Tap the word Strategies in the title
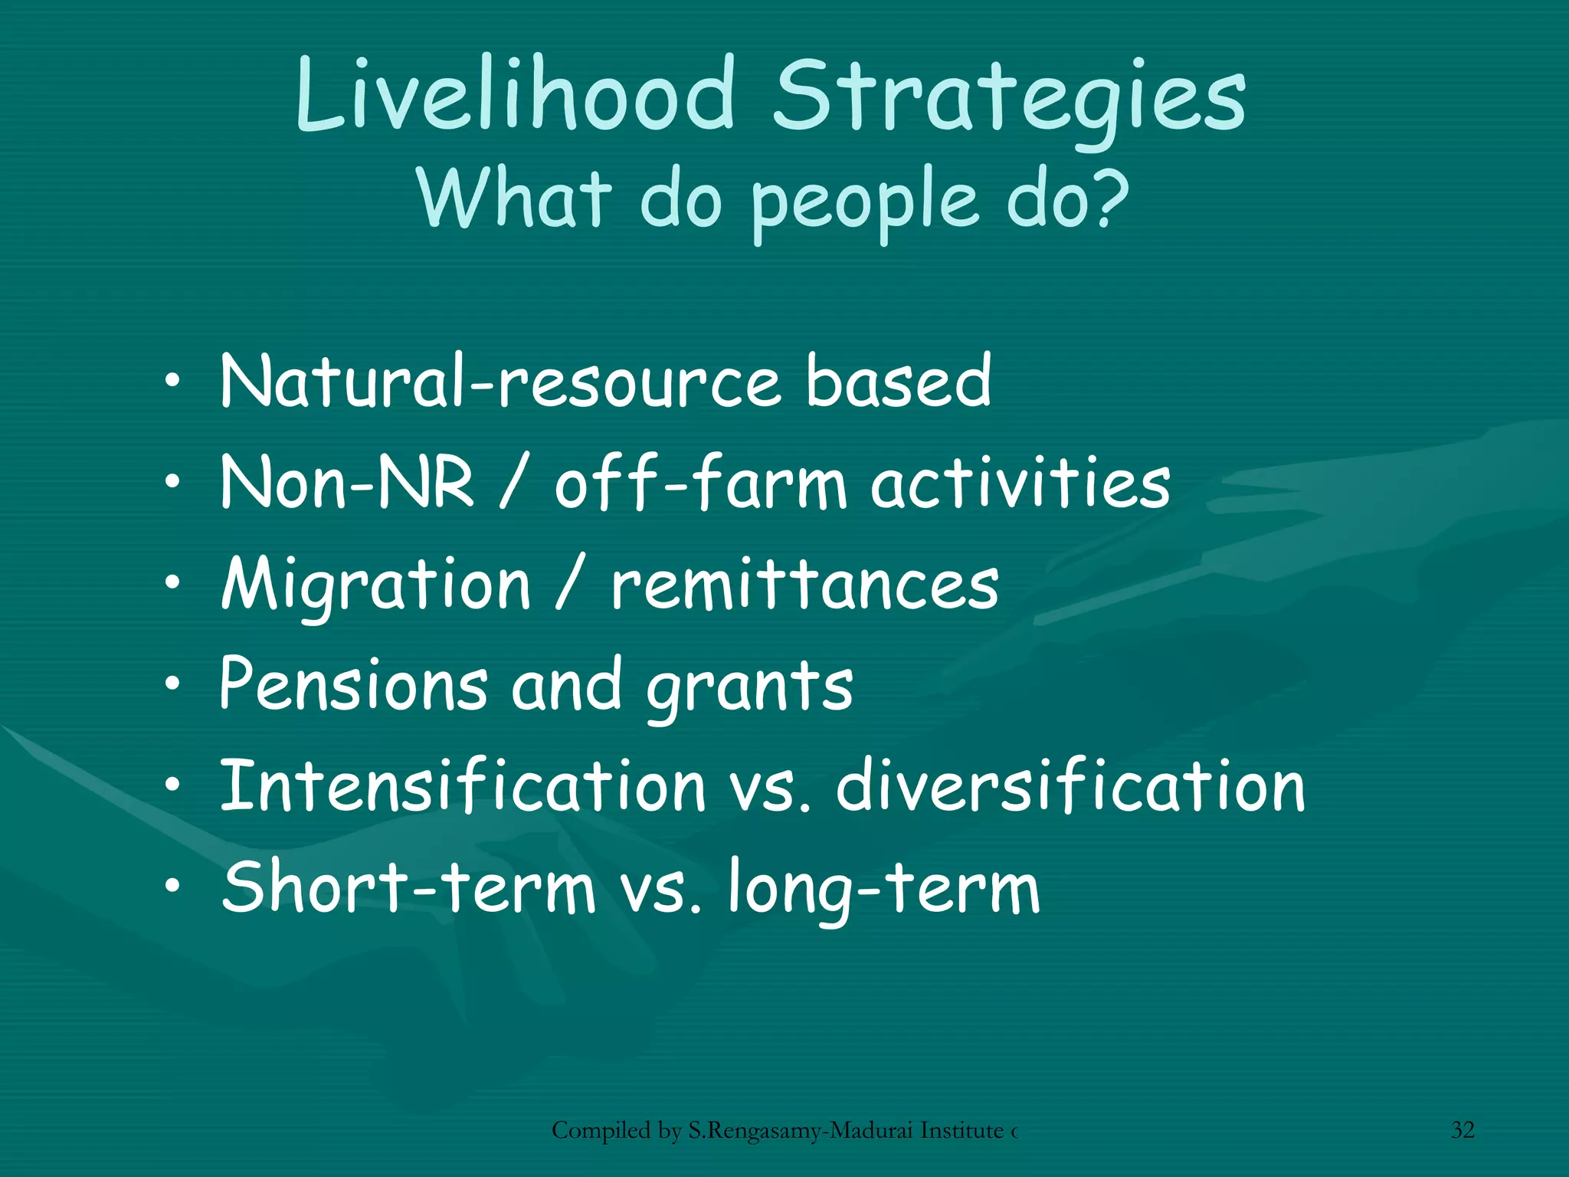coord(1010,100)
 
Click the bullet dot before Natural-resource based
coord(174,381)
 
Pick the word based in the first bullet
coord(898,381)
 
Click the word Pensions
coord(353,684)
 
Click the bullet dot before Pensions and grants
coord(174,684)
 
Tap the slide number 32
coord(1463,1130)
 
